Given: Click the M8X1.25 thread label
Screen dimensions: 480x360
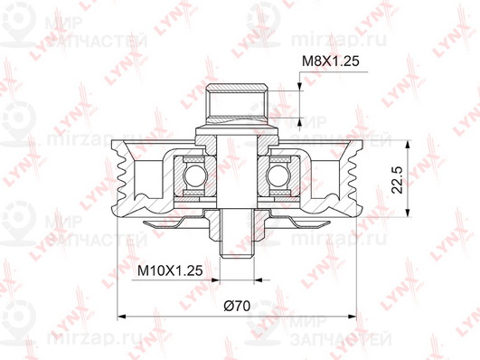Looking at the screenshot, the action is click(330, 62).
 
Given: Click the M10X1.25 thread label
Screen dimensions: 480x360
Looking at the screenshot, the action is click(170, 270).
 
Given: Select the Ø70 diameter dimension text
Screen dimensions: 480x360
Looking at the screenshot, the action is click(237, 306).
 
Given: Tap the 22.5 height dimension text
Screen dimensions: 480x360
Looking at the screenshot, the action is click(398, 180).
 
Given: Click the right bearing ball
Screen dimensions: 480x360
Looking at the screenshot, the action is click(278, 175).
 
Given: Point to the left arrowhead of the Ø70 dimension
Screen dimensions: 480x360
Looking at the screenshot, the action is click(122, 317).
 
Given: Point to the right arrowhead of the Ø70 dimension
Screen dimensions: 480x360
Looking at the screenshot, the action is click(352, 317).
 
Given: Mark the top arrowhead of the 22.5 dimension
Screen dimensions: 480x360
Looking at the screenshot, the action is click(408, 146).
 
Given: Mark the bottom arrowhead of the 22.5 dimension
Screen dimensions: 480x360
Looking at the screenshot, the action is click(408, 212).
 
